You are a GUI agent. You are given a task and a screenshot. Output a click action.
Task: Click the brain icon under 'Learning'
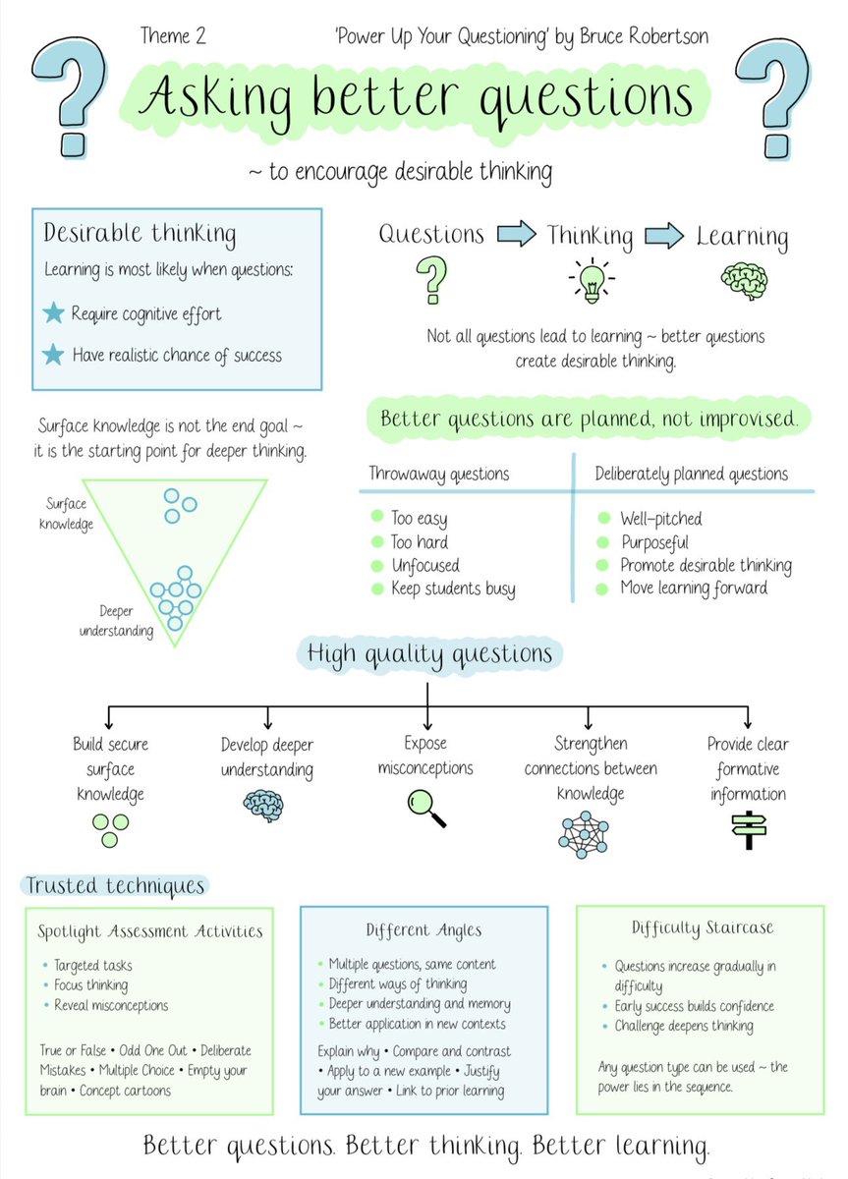coord(743,279)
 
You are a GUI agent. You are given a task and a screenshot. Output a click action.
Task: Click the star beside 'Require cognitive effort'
coord(53,313)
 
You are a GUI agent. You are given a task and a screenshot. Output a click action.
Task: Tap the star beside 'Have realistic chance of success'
coord(53,354)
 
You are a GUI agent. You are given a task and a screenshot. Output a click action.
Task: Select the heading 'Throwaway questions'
coord(438,474)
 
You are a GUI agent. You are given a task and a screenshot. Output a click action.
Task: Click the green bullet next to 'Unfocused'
coord(376,566)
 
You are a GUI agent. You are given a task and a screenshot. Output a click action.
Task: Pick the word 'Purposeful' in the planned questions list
coord(653,542)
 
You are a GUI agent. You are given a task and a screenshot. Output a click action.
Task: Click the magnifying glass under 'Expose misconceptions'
coord(426,808)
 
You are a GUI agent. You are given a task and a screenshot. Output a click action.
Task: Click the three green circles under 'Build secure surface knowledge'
coord(110,831)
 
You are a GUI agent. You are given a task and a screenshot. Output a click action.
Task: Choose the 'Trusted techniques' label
coord(115,886)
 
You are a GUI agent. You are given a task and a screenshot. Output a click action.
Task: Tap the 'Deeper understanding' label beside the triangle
coord(116,621)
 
